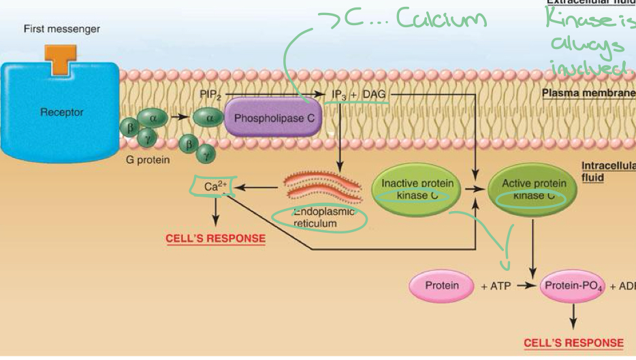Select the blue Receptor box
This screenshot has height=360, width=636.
[x=61, y=112]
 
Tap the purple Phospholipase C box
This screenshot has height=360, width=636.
[x=274, y=118]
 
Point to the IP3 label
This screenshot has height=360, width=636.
[x=338, y=95]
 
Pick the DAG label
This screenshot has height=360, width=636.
[x=374, y=95]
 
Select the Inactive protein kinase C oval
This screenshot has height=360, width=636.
[x=417, y=190]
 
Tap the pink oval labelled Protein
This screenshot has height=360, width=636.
[x=442, y=286]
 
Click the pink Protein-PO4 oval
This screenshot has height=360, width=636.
[x=573, y=286]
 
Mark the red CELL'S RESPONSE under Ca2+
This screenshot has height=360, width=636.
[x=215, y=239]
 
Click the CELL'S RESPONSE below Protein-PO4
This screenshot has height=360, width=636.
[x=573, y=343]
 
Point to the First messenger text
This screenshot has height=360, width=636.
[x=61, y=29]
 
